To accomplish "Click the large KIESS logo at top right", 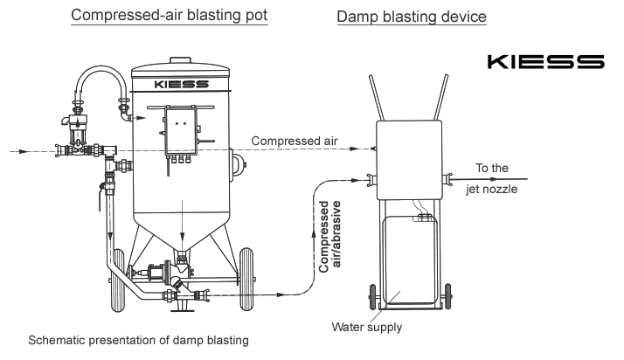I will [x=545, y=62].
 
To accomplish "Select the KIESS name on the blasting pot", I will [x=182, y=85].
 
